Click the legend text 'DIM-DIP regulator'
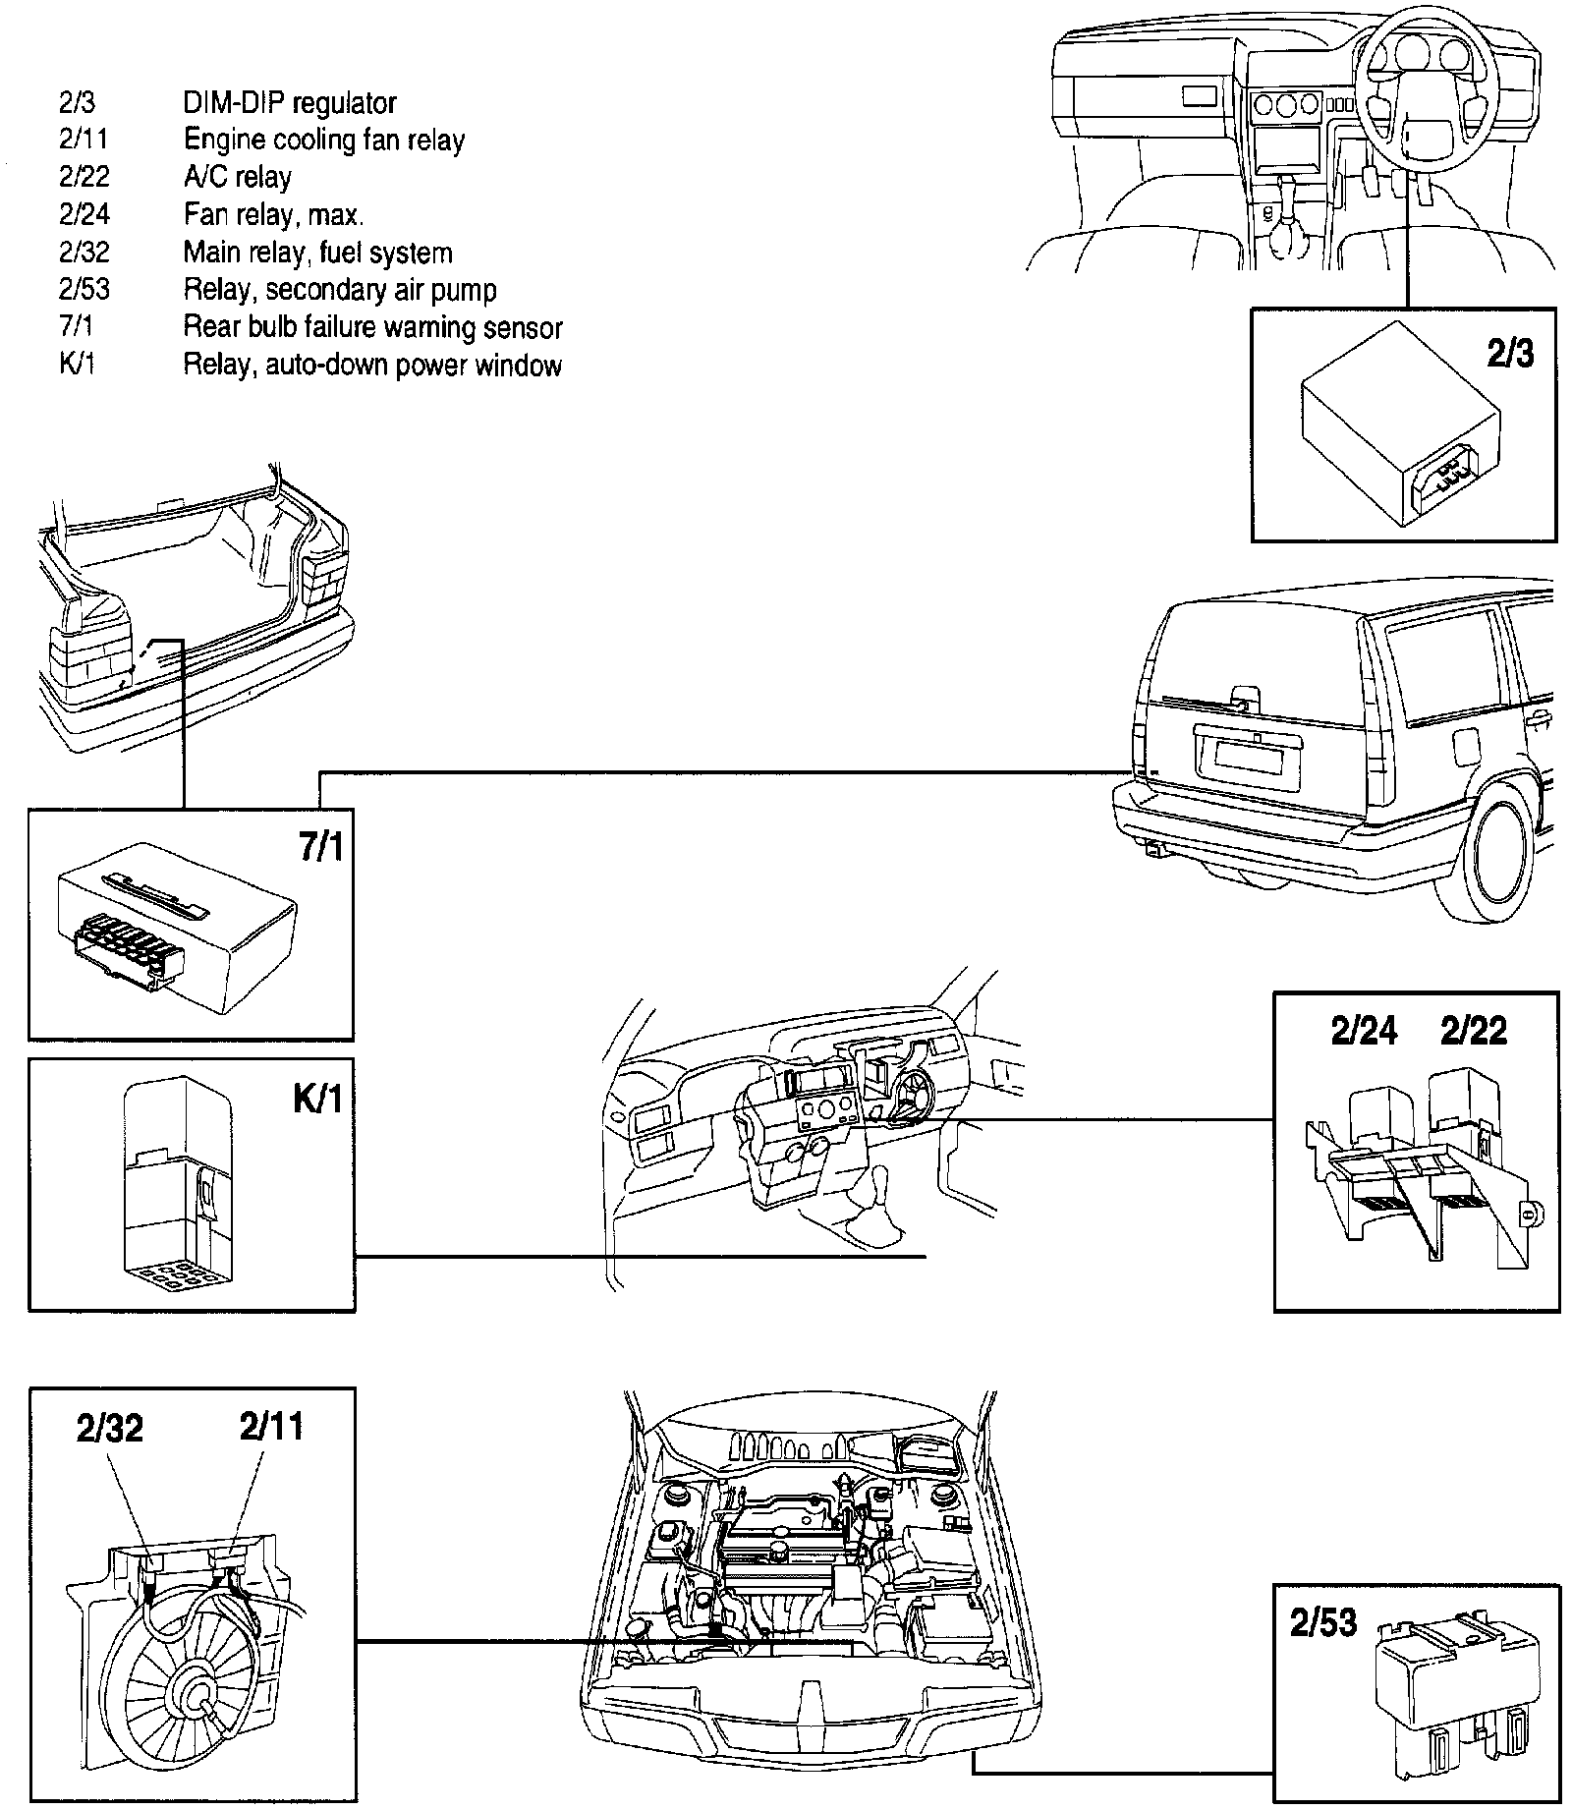[x=290, y=103]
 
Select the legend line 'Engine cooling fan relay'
[x=323, y=141]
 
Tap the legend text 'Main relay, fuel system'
[x=317, y=253]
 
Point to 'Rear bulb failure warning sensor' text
[x=372, y=327]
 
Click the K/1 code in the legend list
[x=77, y=365]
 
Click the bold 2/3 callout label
[x=1510, y=352]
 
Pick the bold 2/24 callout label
[x=1363, y=1033]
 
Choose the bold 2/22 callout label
[x=1473, y=1033]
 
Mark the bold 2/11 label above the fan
[x=271, y=1426]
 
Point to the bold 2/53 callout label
[x=1322, y=1623]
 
